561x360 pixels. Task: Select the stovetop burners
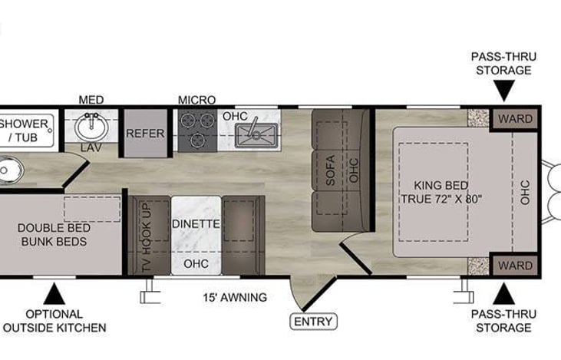click(197, 130)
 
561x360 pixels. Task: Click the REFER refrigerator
click(146, 133)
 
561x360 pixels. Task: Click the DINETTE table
click(196, 224)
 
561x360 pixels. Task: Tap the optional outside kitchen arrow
click(53, 292)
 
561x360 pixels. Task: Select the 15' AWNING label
click(235, 297)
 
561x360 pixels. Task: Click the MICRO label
click(196, 100)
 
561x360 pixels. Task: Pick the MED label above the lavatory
click(91, 100)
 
